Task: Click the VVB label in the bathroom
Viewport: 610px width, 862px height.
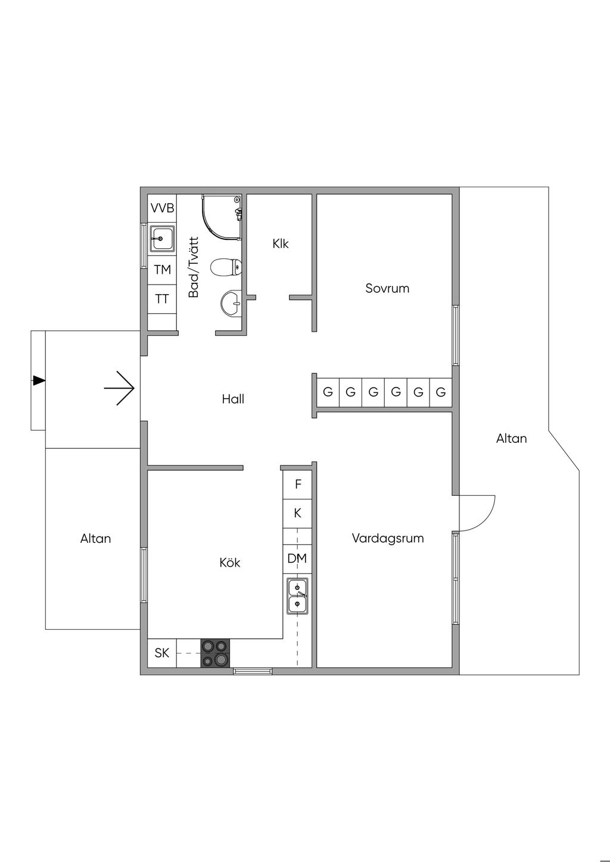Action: (162, 208)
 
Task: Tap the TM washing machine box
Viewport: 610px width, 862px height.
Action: (162, 270)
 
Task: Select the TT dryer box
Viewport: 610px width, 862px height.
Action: (162, 299)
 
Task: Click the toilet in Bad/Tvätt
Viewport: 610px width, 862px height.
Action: (226, 267)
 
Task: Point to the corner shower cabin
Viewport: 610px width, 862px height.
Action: (221, 217)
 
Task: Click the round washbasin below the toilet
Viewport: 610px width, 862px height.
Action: (231, 304)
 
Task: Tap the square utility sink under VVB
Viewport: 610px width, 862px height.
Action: (162, 238)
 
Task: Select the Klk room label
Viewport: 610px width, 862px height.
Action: (281, 243)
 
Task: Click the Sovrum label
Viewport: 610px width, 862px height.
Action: (387, 289)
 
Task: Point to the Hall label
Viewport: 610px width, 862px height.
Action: (233, 399)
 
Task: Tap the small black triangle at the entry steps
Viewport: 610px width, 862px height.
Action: (39, 380)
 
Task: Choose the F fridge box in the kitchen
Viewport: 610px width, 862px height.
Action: (298, 485)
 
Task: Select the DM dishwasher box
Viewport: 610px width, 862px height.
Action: (297, 558)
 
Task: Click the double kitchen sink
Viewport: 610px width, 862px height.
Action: (297, 596)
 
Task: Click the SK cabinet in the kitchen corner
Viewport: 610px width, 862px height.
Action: (162, 653)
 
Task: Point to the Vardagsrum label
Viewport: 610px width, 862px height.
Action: (388, 539)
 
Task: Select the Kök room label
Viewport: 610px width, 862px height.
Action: (230, 563)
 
